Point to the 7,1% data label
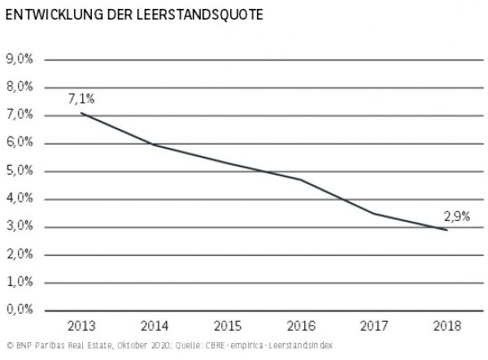(81, 98)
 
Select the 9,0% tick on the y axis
(20, 59)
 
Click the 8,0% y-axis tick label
(20, 87)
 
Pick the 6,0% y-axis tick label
(20, 143)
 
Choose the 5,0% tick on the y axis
(20, 171)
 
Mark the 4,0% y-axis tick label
(20, 198)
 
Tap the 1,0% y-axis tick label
(20, 282)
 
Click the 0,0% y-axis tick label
(20, 310)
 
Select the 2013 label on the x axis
(81, 327)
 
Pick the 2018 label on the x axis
(446, 327)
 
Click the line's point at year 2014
(155, 145)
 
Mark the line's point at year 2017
(373, 213)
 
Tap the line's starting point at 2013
(81, 113)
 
